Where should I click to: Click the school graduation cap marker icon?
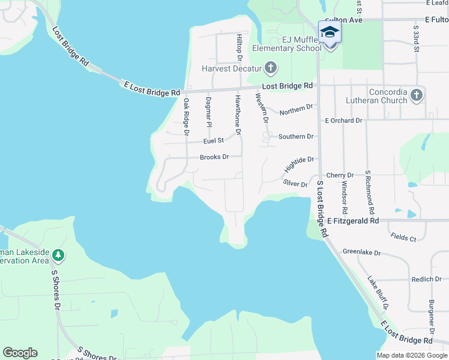point(330,31)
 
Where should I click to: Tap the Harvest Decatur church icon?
point(270,67)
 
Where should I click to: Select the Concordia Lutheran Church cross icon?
point(417,95)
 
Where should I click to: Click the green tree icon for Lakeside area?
point(58,256)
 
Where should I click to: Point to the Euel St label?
point(213,140)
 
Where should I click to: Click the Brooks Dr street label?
point(214,157)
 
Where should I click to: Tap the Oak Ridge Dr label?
point(186,116)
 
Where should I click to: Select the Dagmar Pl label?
point(209,112)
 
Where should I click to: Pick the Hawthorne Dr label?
point(238,114)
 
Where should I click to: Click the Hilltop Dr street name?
point(239,47)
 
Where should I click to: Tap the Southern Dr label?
point(296,137)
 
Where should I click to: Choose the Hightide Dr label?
point(299,163)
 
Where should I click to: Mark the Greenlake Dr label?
point(361,253)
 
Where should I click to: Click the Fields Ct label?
point(403,238)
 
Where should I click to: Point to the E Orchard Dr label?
point(343,121)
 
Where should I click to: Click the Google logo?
point(20,353)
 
